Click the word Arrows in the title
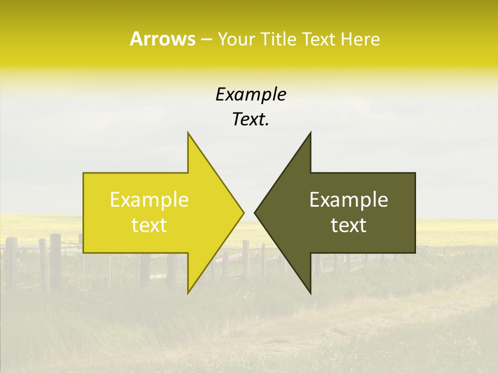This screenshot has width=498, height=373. point(162,39)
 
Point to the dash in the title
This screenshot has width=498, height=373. point(206,39)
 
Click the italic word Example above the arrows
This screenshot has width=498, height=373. point(251,94)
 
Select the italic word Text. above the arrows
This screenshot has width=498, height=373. point(251,119)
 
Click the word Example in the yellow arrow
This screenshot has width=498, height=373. point(149,199)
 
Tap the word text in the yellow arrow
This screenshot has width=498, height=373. point(149,225)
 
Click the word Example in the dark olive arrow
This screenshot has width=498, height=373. point(349,199)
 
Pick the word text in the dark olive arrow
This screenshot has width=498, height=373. point(349,225)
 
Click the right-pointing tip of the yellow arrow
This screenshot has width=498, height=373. point(244,212)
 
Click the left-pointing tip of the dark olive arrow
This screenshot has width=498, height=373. point(254,212)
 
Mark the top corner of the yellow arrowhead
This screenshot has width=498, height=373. point(188,132)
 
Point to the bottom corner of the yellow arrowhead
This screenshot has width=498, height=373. point(188,294)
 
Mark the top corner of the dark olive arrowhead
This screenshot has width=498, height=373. point(310,132)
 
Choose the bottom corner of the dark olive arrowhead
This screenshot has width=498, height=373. point(310,294)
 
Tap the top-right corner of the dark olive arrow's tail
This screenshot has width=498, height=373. point(415,173)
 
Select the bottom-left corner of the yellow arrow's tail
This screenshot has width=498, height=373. point(84,253)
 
